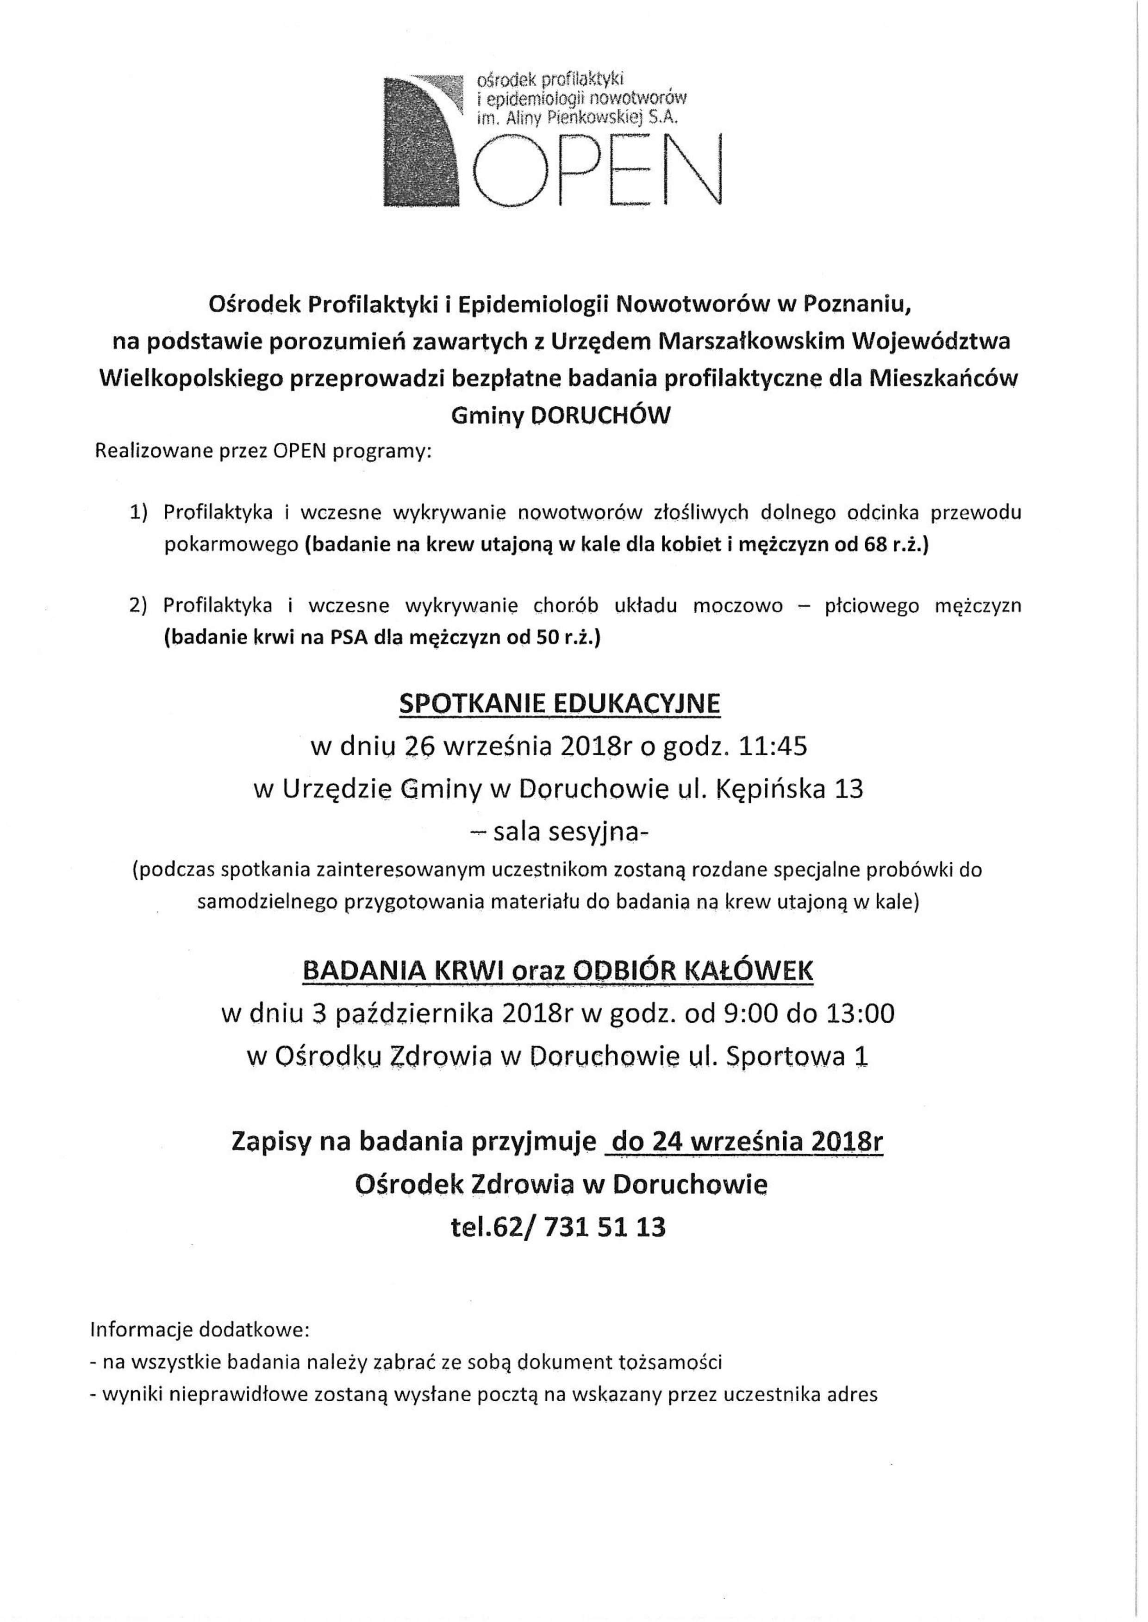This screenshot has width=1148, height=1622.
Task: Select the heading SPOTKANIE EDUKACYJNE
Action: [560, 703]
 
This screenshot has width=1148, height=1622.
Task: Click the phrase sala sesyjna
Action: [566, 832]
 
